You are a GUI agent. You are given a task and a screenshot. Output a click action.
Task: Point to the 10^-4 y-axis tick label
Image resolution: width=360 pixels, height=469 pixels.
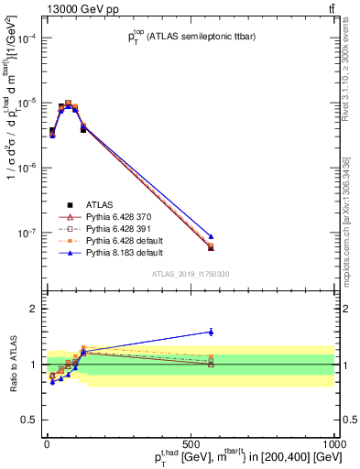[x=27, y=38]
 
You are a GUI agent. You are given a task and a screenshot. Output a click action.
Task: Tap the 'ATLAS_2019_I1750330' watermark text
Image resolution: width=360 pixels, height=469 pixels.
[x=191, y=273]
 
